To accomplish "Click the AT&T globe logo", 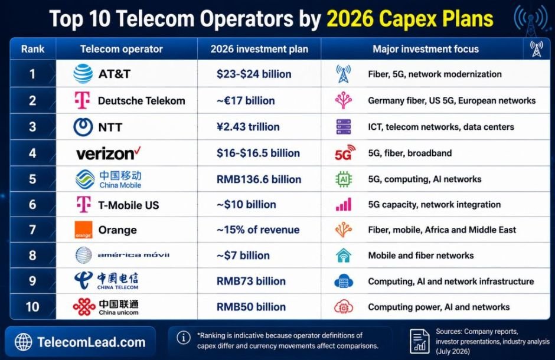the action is tap(83, 74).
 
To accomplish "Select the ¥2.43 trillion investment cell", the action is tap(248, 127).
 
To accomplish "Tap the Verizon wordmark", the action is tap(108, 153).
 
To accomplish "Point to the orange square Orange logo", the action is tap(83, 230).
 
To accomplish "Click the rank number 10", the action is tap(32, 307).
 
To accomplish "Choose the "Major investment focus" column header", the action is tap(426, 49).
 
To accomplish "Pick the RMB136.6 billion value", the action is tap(259, 179).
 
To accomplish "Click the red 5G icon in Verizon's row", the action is tap(345, 153).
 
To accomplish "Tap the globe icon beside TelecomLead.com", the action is tap(24, 342).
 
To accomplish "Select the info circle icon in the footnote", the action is tap(184, 338).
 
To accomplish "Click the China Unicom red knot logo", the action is tap(84, 307).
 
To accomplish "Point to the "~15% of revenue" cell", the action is tap(258, 230).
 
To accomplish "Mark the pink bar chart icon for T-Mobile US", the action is tap(344, 204).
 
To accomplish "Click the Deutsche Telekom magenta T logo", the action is tap(83, 100).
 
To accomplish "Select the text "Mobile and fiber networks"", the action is tap(421, 256).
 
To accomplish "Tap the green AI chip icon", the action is tap(344, 179).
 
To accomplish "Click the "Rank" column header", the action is tap(32, 49).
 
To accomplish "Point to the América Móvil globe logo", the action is tap(83, 255).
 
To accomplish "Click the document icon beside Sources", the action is tap(419, 341).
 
